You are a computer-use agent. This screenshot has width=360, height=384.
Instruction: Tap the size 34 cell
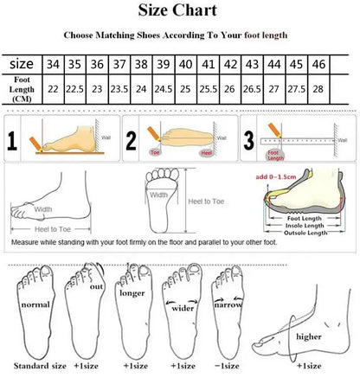click(x=54, y=65)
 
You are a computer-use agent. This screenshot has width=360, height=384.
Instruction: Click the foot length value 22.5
click(x=74, y=88)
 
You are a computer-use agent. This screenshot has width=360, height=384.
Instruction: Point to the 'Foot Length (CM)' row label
click(x=22, y=89)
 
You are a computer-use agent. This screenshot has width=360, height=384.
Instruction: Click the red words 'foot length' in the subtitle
click(x=266, y=35)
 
